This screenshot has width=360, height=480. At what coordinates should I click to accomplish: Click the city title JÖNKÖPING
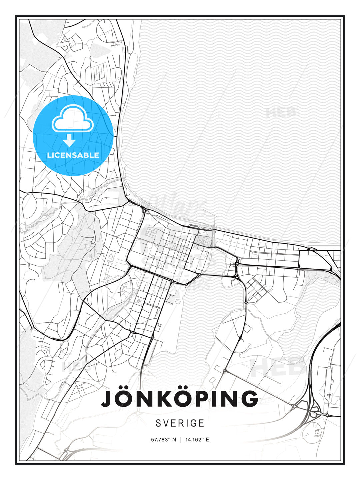point(180,399)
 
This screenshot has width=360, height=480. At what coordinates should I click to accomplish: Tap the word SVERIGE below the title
point(180,423)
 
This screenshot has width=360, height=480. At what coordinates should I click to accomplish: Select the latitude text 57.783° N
point(163,440)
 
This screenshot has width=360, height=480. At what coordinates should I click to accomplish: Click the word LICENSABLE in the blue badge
point(73,155)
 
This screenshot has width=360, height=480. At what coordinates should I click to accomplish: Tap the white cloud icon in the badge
point(72,119)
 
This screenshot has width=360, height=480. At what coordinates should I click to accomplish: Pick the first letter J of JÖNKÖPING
point(108,399)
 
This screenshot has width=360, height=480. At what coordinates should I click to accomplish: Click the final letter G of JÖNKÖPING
point(248,399)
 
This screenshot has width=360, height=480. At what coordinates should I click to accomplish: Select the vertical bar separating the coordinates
point(181,440)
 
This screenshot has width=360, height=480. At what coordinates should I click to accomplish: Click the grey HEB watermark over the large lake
point(281,112)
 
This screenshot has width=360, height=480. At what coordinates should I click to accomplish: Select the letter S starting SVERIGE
point(158,423)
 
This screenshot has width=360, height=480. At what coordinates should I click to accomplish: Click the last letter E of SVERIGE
point(202,423)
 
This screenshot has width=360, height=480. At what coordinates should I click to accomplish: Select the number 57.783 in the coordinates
point(159,440)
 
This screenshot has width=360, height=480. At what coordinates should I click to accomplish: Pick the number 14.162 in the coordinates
point(194,440)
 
